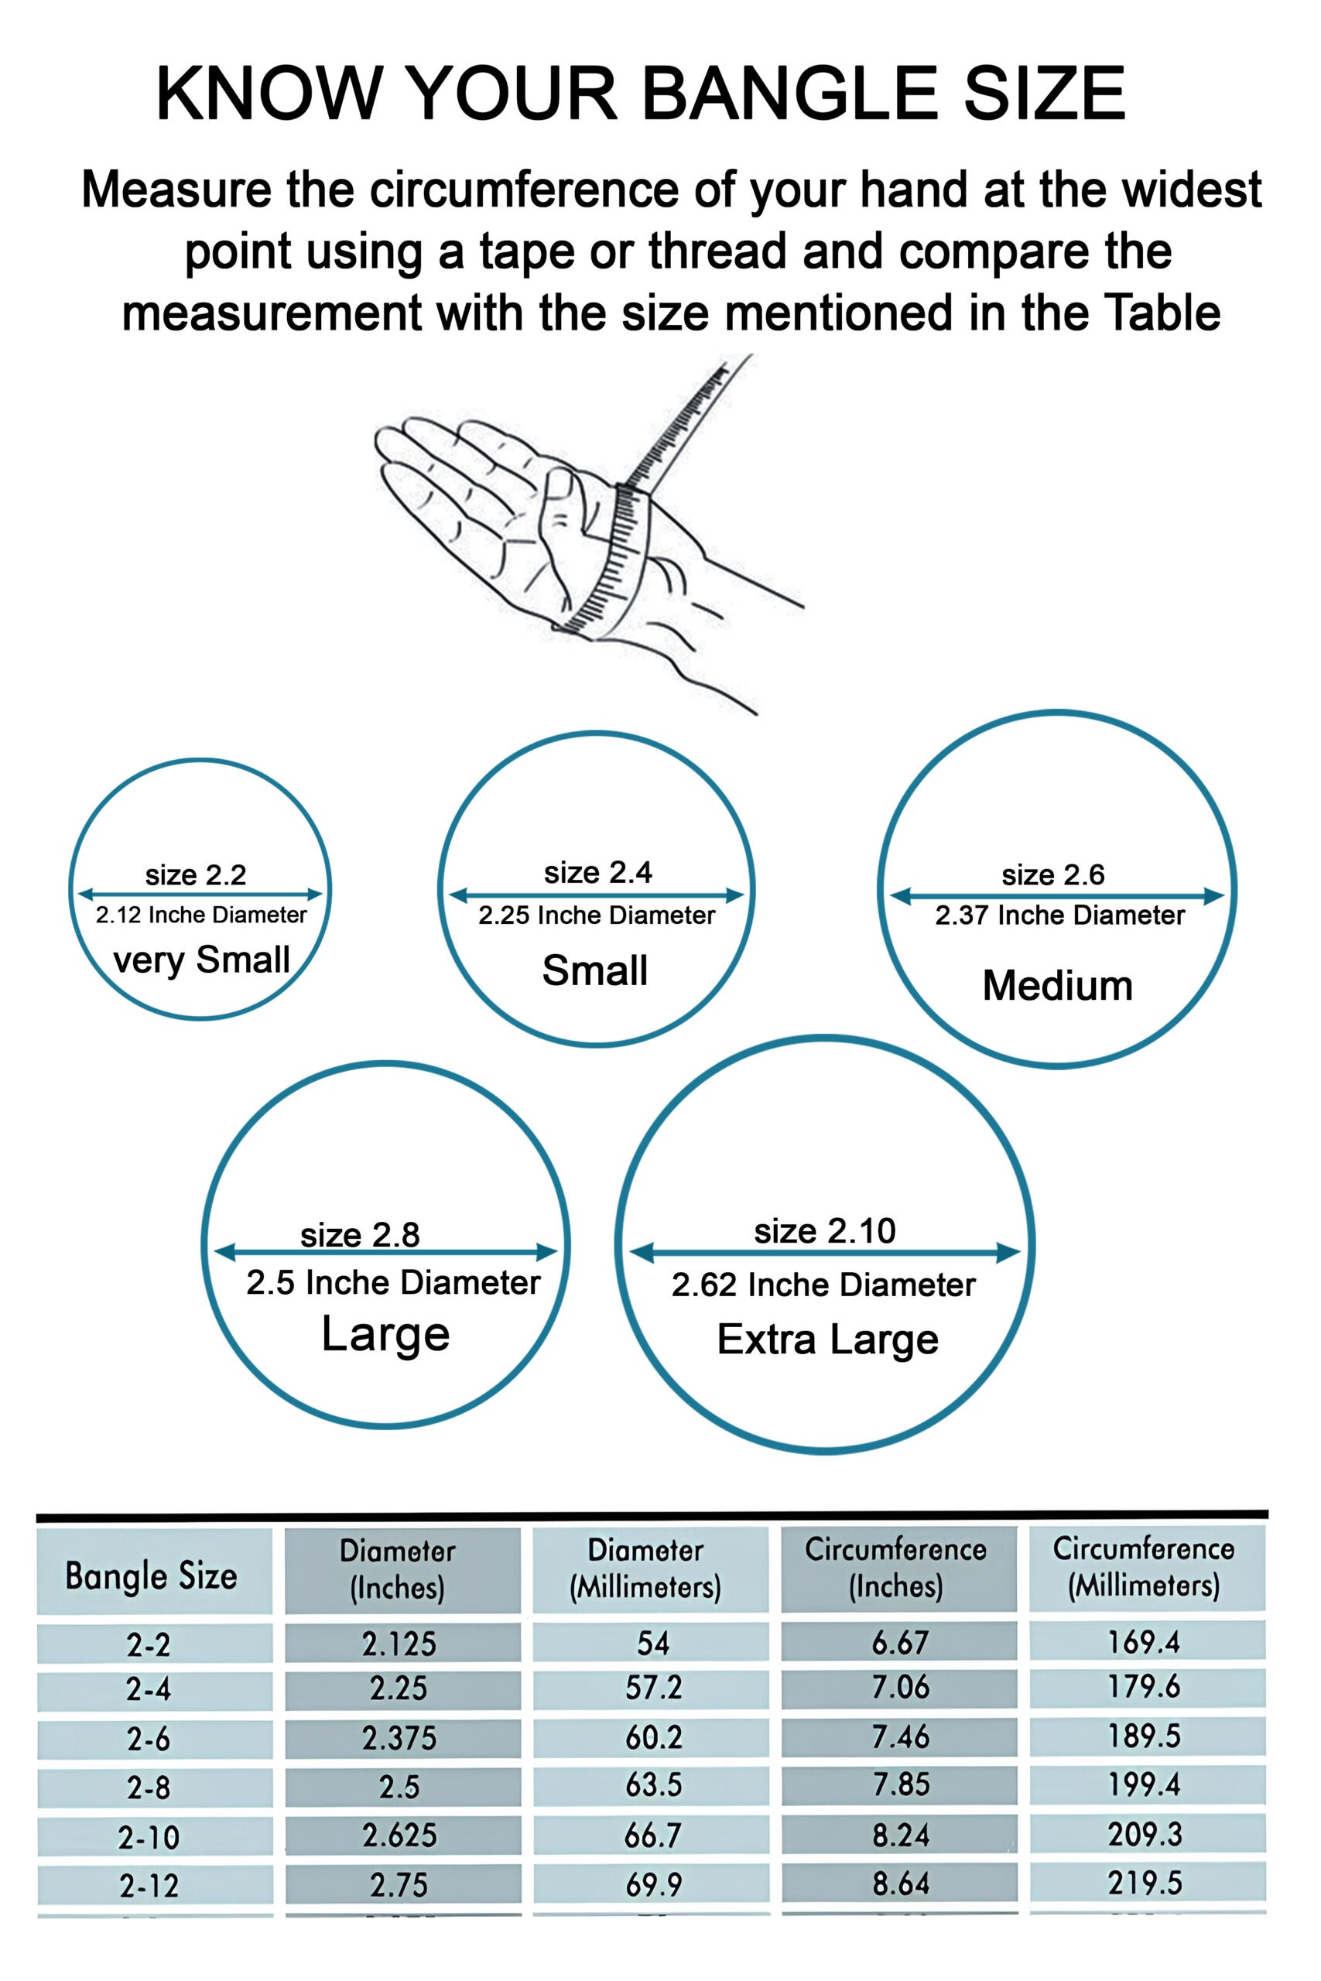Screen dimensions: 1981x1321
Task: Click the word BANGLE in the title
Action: (x=789, y=94)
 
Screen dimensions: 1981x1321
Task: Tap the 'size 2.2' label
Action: (x=196, y=875)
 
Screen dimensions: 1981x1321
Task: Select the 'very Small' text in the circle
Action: (x=201, y=960)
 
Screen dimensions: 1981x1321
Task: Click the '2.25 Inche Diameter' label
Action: (x=597, y=915)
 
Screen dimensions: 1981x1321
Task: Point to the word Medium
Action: (x=1057, y=985)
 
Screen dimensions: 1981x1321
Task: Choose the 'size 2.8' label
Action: (x=360, y=1235)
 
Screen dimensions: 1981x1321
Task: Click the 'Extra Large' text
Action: (x=827, y=1339)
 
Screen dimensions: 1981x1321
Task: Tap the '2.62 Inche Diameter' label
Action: (x=823, y=1285)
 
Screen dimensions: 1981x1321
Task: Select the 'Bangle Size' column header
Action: (x=152, y=1576)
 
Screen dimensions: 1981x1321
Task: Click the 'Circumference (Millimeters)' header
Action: (x=1143, y=1568)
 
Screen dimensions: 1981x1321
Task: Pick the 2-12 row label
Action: (x=149, y=1886)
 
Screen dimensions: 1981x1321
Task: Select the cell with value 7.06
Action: (x=900, y=1687)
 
